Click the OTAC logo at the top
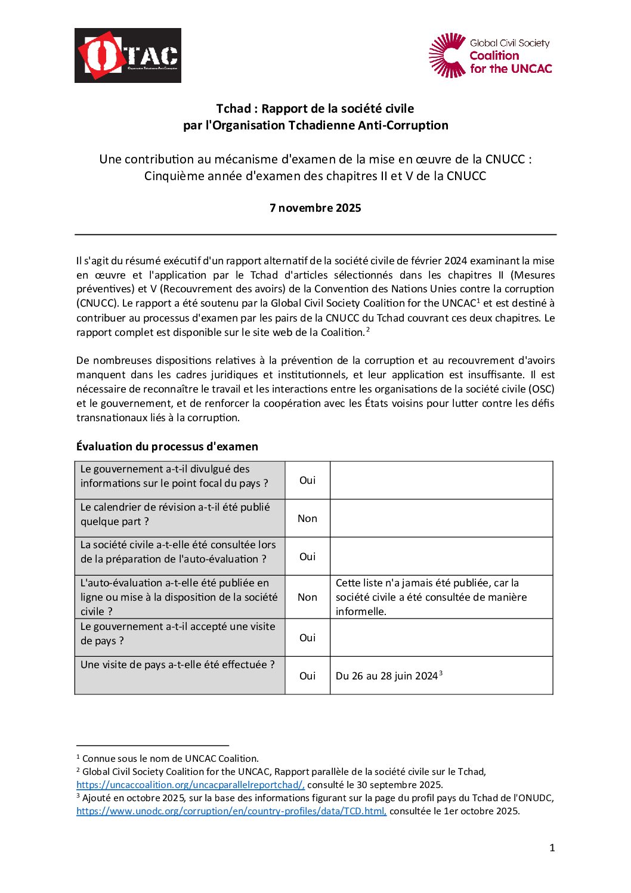click(128, 55)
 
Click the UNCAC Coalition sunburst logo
click(447, 55)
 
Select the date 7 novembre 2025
click(315, 208)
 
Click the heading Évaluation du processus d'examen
click(167, 447)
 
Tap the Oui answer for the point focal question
click(307, 480)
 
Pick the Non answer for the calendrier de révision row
click(307, 518)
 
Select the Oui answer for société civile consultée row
click(307, 557)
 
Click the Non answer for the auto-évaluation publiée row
click(307, 597)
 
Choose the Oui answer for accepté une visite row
click(307, 638)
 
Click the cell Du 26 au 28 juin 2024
click(387, 676)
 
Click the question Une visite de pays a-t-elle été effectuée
click(178, 665)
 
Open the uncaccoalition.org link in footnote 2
click(190, 785)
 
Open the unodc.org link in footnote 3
click(231, 811)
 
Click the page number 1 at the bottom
click(552, 848)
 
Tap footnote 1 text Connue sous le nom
click(170, 759)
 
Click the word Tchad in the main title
click(233, 109)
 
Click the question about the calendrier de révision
click(175, 514)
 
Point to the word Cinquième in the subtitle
click(171, 176)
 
